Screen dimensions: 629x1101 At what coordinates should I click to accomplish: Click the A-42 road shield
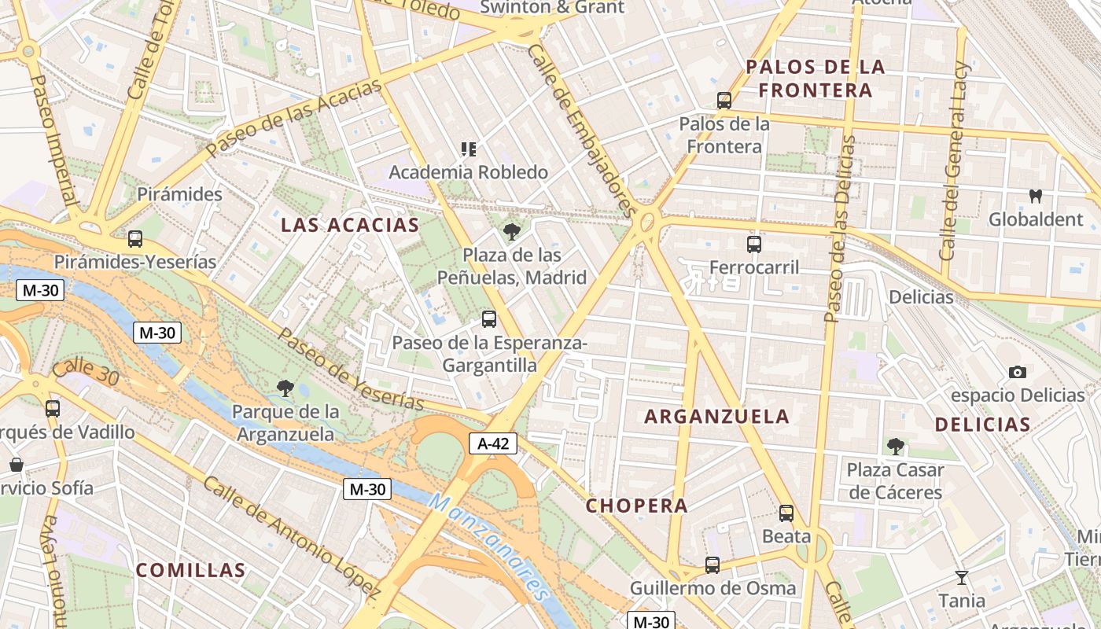pos(493,443)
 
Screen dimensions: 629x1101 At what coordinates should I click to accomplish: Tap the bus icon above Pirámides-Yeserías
pos(135,238)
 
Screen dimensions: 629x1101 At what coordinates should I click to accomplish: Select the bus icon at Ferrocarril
pos(754,244)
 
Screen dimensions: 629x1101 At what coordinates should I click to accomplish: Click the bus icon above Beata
pos(786,513)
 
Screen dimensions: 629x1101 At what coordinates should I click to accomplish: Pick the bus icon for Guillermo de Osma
pos(713,565)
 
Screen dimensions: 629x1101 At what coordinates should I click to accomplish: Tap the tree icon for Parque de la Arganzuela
pos(285,387)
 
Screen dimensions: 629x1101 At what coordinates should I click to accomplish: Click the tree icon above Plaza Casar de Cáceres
pos(895,447)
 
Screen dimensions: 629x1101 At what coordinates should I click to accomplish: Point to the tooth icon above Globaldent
pos(1036,196)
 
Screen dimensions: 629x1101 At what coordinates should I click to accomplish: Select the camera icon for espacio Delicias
pos(1018,372)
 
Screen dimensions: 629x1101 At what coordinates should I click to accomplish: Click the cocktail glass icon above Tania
pos(961,578)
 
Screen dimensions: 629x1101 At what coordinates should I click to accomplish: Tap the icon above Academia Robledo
pos(469,149)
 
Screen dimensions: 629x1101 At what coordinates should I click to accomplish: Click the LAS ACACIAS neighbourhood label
pos(350,225)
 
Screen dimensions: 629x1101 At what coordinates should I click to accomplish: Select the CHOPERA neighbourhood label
pos(636,506)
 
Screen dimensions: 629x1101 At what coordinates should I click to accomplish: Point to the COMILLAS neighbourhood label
pos(190,570)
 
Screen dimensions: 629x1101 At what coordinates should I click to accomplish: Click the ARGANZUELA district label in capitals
pos(716,417)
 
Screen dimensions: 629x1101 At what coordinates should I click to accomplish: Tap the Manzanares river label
pos(488,548)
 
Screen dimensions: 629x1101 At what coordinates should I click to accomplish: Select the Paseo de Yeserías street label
pos(352,369)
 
